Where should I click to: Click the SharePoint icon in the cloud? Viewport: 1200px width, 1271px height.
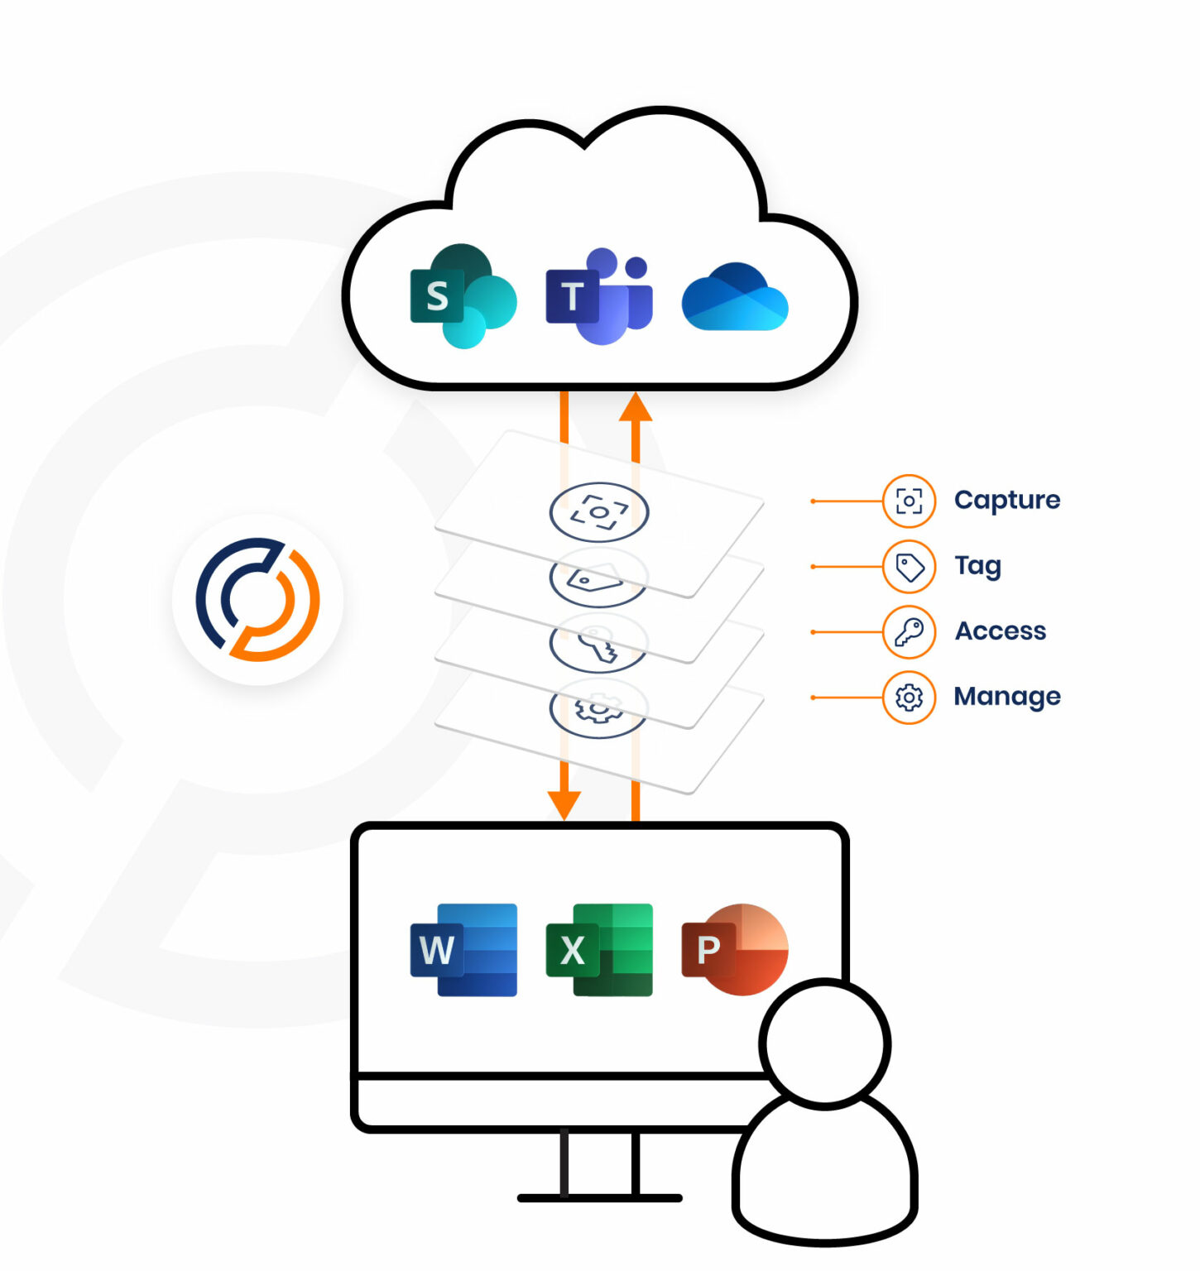(463, 296)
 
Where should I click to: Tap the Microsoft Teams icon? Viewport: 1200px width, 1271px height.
(599, 296)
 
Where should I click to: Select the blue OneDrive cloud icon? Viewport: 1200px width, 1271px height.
(734, 298)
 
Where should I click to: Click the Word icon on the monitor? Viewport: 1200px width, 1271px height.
(463, 949)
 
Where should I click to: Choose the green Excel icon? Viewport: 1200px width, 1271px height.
(599, 949)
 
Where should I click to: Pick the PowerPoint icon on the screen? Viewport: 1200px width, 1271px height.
(734, 949)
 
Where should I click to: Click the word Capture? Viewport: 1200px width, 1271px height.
(1006, 500)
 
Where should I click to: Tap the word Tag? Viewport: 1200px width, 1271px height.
(977, 566)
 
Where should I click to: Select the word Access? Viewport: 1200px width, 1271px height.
(1000, 631)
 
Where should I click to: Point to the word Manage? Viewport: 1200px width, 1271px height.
(1006, 697)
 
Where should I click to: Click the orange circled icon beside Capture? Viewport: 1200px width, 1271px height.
(909, 501)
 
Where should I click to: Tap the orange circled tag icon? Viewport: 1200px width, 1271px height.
(909, 567)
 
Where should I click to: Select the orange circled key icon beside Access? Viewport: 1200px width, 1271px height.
(909, 632)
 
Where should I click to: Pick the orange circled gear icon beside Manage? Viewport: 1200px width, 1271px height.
(909, 698)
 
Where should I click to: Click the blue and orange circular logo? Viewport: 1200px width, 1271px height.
(257, 599)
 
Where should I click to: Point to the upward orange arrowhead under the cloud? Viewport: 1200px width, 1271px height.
(636, 407)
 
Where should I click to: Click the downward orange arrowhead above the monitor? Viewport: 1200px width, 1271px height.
(564, 803)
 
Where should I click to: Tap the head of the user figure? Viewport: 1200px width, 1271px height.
(825, 1043)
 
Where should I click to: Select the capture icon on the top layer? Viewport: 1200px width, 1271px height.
(598, 512)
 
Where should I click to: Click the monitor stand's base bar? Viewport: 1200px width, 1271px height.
(599, 1197)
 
